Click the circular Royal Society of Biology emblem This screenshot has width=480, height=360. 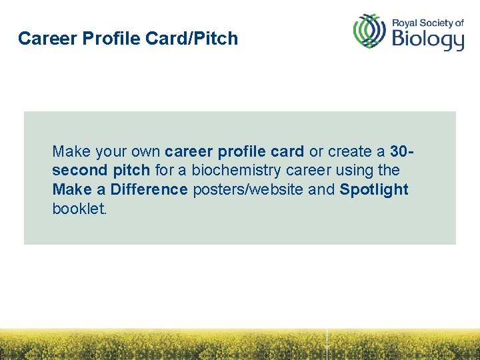[370, 31]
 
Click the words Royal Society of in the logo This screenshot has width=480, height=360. [427, 22]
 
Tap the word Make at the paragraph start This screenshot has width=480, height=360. [67, 151]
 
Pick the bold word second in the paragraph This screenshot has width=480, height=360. [75, 170]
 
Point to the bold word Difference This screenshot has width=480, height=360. [149, 189]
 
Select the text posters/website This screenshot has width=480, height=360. [248, 189]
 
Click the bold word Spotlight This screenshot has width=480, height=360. [374, 189]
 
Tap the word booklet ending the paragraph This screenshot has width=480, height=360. [79, 209]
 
